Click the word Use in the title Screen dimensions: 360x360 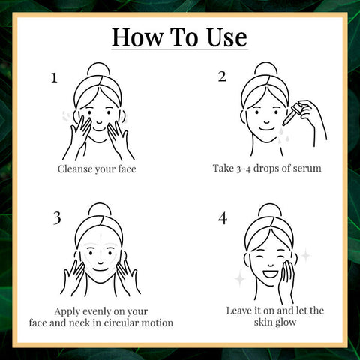click(226, 37)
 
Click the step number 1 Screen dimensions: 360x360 click(54, 78)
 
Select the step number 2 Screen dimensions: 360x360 click(222, 76)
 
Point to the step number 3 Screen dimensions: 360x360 click(57, 218)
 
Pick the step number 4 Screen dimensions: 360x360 click(223, 218)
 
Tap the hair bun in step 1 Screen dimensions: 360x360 click(99, 69)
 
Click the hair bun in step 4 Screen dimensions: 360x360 click(269, 210)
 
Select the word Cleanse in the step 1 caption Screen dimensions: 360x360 click(75, 169)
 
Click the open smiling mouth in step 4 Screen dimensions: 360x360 click(271, 273)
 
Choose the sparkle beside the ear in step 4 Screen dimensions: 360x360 click(305, 255)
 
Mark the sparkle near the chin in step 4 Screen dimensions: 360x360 click(240, 279)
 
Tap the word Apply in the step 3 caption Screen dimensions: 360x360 click(67, 312)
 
